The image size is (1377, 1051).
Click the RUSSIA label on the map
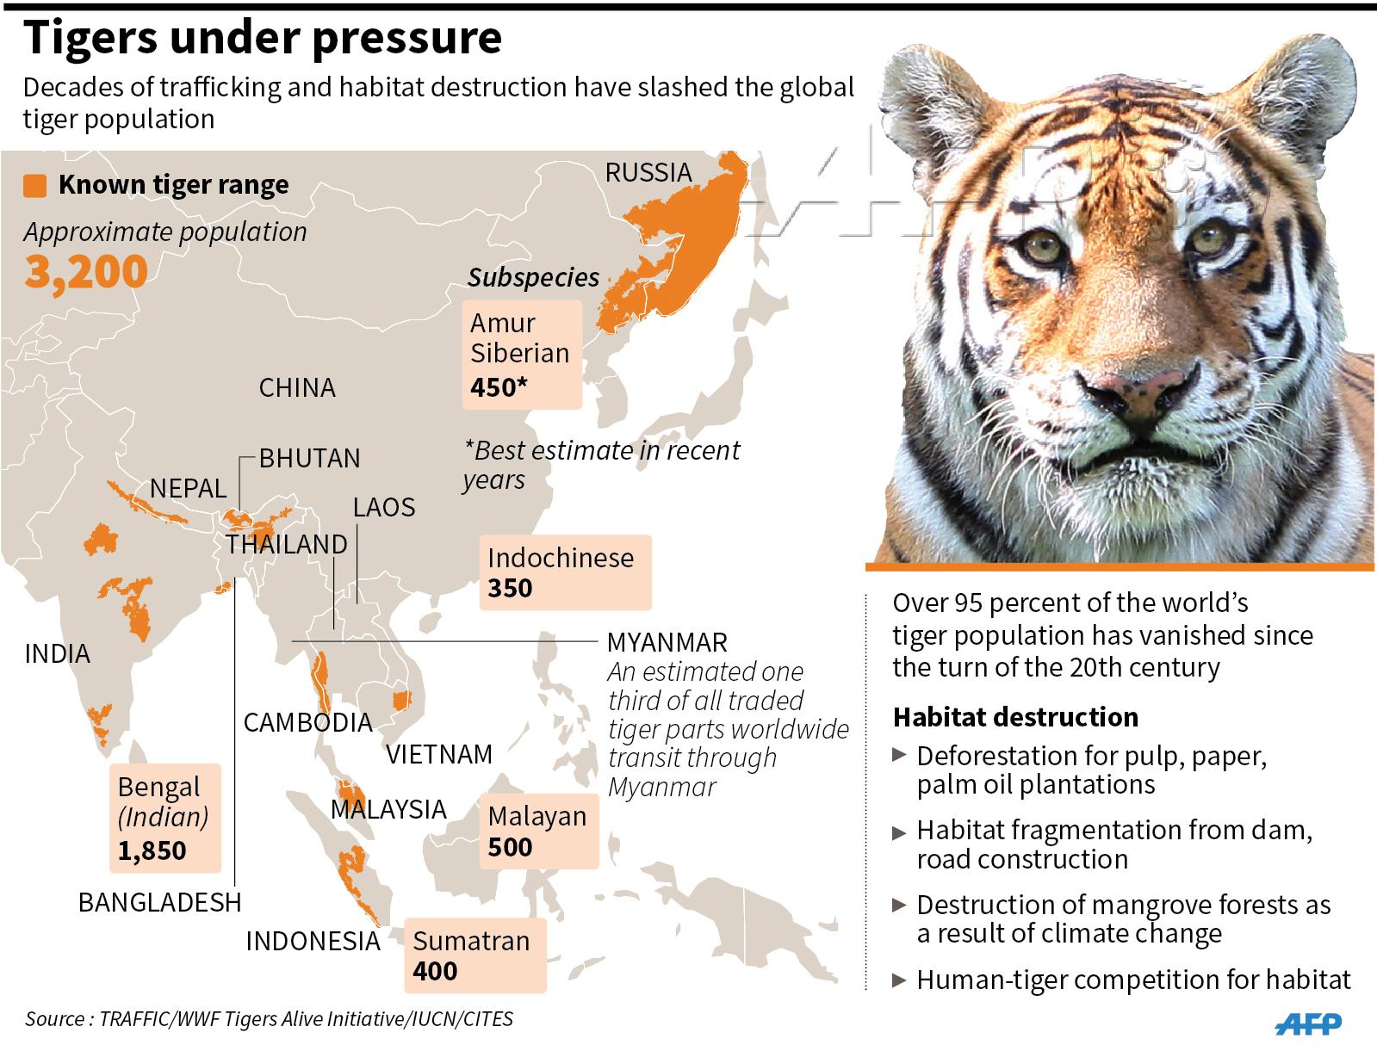pyautogui.click(x=648, y=172)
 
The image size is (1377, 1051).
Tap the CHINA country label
pyautogui.click(x=297, y=387)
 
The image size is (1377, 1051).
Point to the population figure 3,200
pyautogui.click(x=86, y=272)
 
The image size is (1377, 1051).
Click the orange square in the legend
pyautogui.click(x=35, y=186)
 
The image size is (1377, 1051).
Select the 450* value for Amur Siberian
pyautogui.click(x=499, y=387)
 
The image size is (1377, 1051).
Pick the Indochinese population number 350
pyautogui.click(x=510, y=589)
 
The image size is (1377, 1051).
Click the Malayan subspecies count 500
pyautogui.click(x=510, y=847)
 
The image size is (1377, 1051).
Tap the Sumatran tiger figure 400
pyautogui.click(x=435, y=971)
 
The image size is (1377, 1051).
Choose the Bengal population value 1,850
pyautogui.click(x=152, y=850)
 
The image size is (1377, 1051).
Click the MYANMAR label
pyautogui.click(x=667, y=642)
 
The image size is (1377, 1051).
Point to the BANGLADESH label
pyautogui.click(x=159, y=902)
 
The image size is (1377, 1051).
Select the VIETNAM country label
pyautogui.click(x=439, y=754)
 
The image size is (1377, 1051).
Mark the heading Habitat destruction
pyautogui.click(x=1015, y=717)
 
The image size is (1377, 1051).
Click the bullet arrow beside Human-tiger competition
pyautogui.click(x=900, y=980)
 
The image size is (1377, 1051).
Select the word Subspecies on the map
pyautogui.click(x=533, y=277)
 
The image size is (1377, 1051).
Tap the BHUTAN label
pyautogui.click(x=310, y=458)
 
